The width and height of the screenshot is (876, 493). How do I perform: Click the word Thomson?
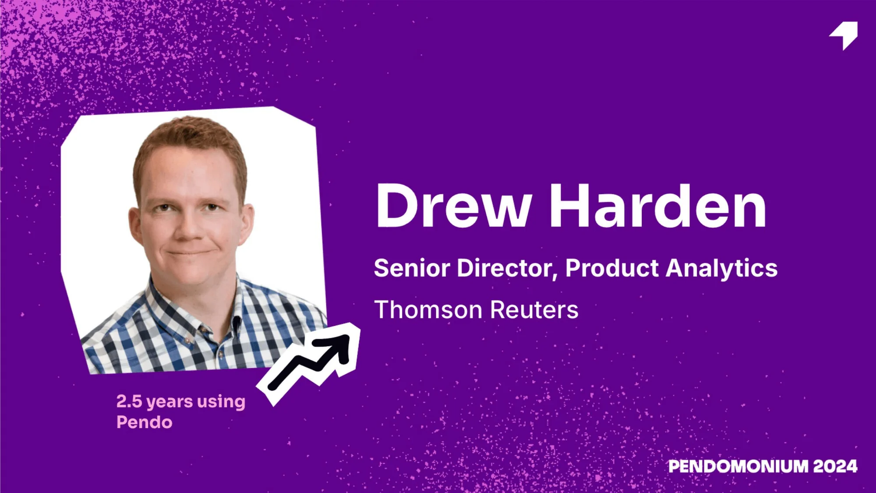[x=428, y=310]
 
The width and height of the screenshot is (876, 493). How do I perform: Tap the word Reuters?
[x=534, y=310]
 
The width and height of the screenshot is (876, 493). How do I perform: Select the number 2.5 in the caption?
[x=129, y=401]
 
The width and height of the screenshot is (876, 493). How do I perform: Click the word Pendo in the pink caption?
[x=145, y=422]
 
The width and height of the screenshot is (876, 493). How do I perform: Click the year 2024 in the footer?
[x=835, y=466]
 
